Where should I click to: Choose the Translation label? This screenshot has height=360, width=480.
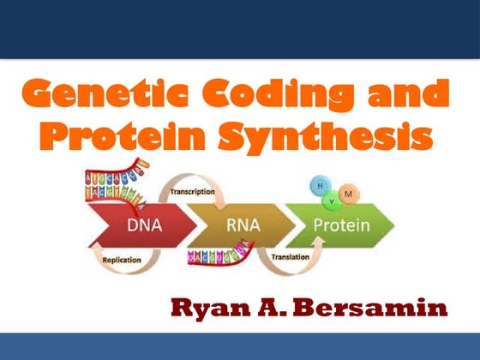click(x=290, y=256)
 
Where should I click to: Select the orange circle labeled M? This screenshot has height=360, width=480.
click(x=348, y=196)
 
